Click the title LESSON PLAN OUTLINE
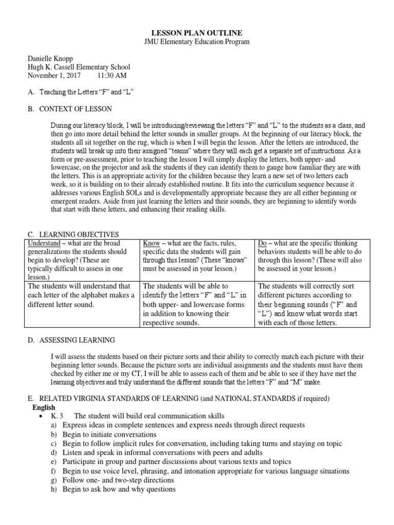(196, 33)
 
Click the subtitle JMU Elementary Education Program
(196, 42)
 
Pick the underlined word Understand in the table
(44, 243)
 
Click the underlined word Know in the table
(151, 243)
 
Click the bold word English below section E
(44, 407)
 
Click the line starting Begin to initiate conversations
(102, 434)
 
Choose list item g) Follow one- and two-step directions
(118, 480)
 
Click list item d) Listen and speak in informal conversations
(162, 453)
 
